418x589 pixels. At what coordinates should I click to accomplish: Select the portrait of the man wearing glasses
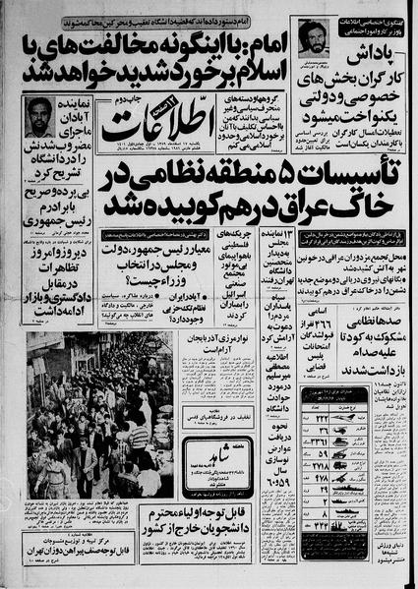click(x=39, y=117)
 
